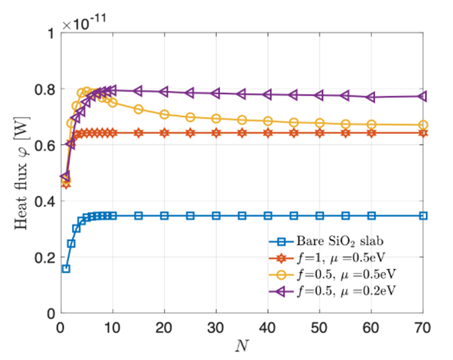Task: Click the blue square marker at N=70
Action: pyautogui.click(x=423, y=216)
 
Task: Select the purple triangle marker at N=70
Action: pyautogui.click(x=422, y=97)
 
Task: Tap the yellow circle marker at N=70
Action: pyautogui.click(x=423, y=125)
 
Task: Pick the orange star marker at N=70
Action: pyautogui.click(x=423, y=133)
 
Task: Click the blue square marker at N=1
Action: pyautogui.click(x=66, y=269)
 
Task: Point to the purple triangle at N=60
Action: pyautogui.click(x=371, y=97)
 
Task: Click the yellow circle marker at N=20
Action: pyautogui.click(x=164, y=114)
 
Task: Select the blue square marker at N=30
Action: pyautogui.click(x=216, y=216)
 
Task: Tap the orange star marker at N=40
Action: pyautogui.click(x=268, y=133)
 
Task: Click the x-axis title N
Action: pyautogui.click(x=242, y=347)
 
